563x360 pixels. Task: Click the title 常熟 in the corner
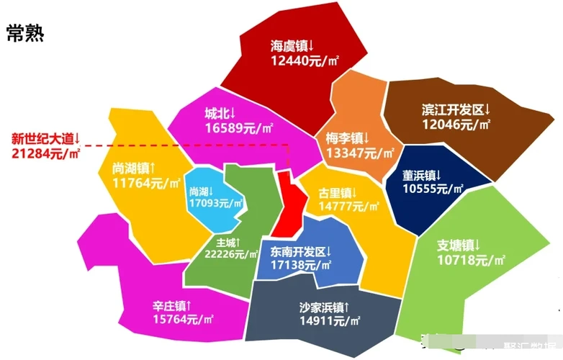click(x=25, y=33)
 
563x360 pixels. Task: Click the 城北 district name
click(x=220, y=114)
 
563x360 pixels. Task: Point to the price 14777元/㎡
click(x=348, y=207)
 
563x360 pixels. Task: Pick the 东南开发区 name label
click(x=301, y=252)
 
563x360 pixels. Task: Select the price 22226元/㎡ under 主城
click(x=231, y=254)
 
